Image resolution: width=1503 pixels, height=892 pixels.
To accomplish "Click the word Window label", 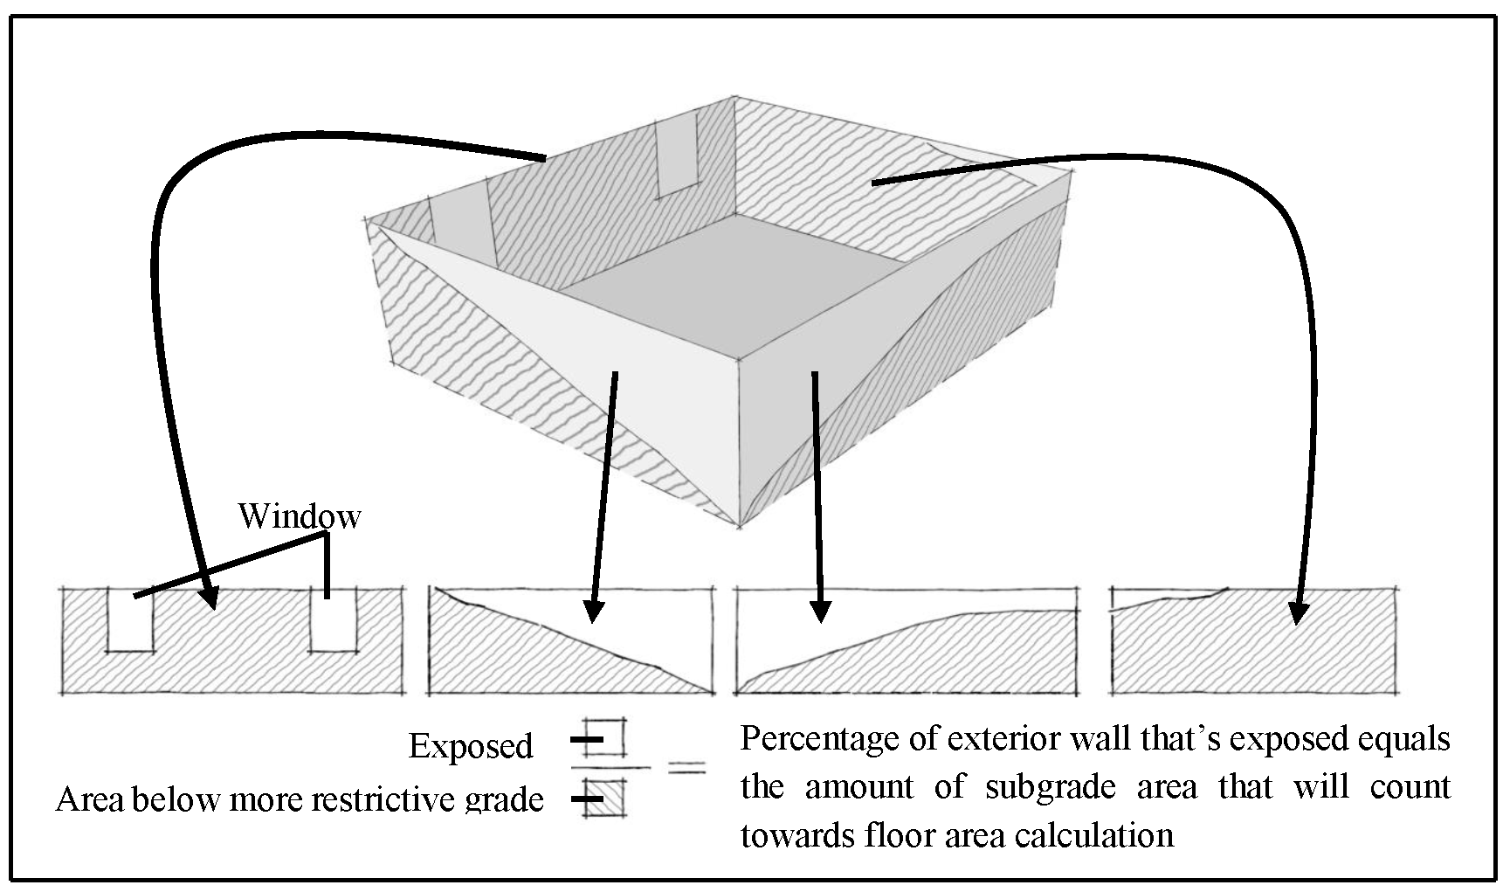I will tap(299, 516).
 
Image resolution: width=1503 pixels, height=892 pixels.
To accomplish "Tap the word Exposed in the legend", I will tap(471, 746).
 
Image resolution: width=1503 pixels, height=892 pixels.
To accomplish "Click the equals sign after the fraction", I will tap(686, 768).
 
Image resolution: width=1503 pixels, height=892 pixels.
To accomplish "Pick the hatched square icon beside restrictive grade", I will tap(606, 797).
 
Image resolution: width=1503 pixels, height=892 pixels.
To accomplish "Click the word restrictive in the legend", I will tap(390, 799).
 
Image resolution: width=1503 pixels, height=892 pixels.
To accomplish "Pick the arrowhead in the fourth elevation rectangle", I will tap(1299, 614).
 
